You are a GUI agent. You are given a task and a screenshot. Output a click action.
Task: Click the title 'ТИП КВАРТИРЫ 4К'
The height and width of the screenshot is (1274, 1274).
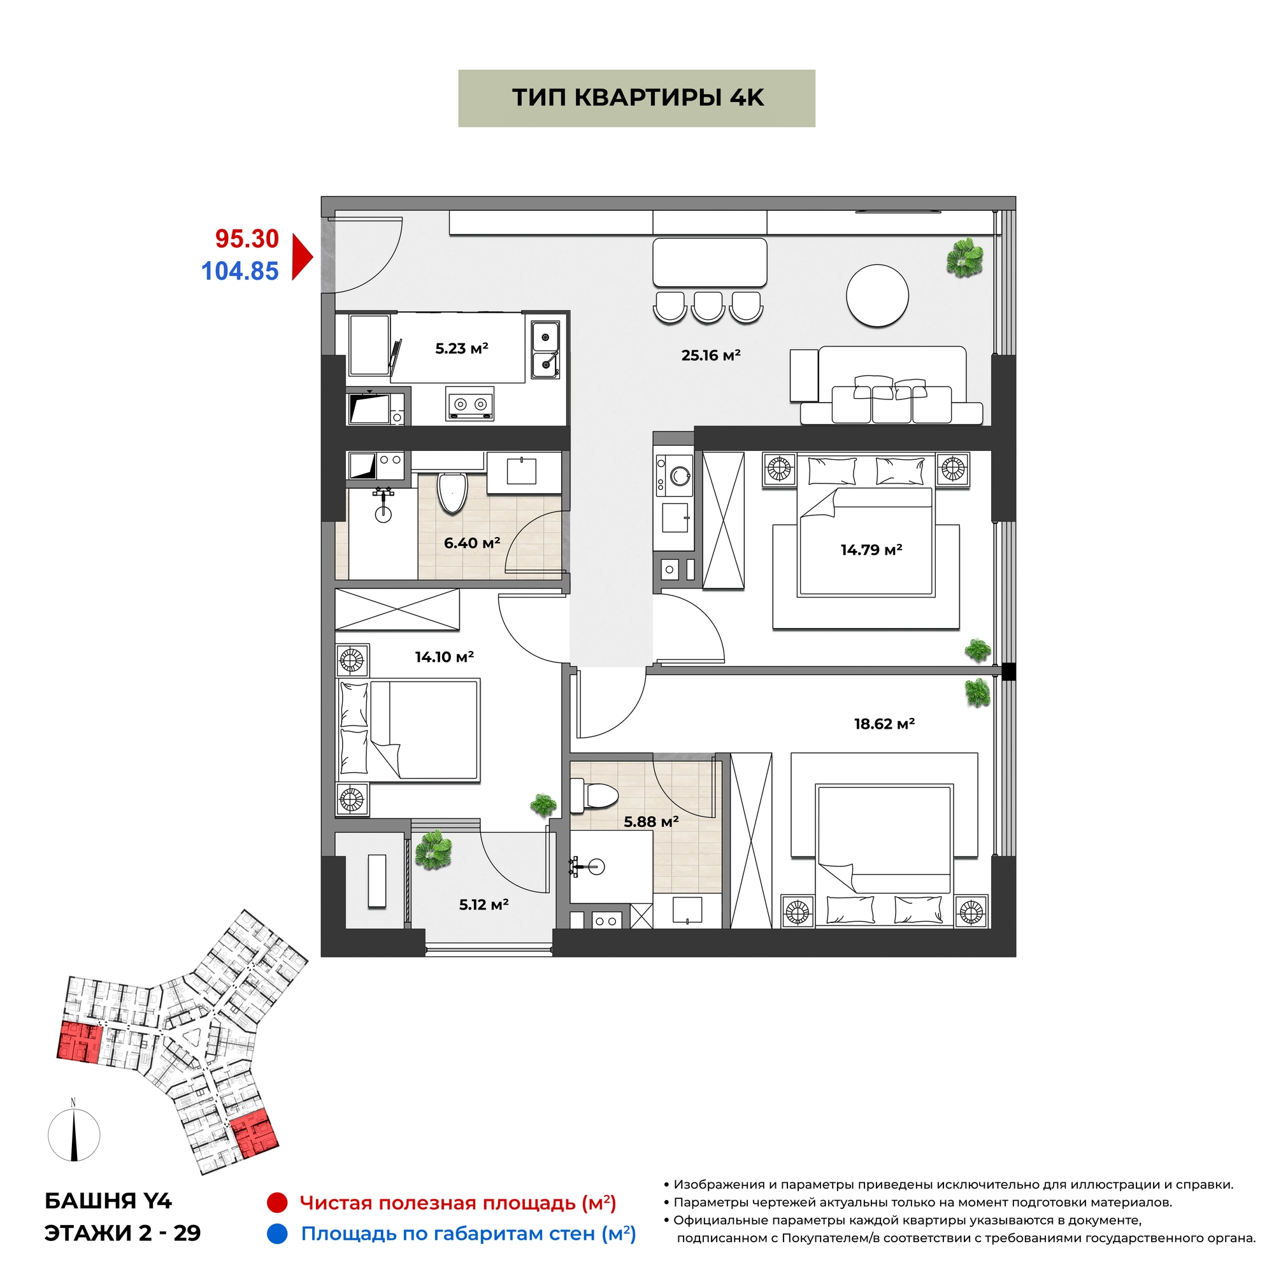[638, 97]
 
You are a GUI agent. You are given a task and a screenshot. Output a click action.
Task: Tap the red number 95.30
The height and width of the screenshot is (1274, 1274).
[247, 239]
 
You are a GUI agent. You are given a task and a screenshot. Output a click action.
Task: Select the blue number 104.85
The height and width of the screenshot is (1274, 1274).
[240, 271]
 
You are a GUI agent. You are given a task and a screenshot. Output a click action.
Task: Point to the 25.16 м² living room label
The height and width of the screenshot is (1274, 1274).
[711, 355]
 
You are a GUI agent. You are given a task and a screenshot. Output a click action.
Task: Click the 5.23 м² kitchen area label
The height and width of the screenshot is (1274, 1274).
[462, 348]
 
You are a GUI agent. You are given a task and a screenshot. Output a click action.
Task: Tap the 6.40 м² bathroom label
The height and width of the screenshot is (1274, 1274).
[472, 543]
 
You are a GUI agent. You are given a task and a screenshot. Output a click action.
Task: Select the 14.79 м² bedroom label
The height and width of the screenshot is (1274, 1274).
[871, 549]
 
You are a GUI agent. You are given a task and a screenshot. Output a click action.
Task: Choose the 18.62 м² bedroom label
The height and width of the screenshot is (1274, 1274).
[884, 724]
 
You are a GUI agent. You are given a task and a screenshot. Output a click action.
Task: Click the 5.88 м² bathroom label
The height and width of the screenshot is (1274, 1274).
[652, 822]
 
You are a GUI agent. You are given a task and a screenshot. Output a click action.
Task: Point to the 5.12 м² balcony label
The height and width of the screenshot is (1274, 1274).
[484, 904]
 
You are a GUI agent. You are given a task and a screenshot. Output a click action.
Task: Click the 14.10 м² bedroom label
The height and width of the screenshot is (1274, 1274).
[445, 657]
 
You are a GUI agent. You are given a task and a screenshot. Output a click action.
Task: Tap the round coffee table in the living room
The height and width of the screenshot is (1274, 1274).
[877, 296]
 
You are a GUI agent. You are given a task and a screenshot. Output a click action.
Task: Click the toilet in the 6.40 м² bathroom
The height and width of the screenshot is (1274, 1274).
[452, 491]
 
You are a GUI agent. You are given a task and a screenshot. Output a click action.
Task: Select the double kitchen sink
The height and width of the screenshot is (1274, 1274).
[546, 349]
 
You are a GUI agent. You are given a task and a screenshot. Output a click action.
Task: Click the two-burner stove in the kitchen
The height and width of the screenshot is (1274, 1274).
[470, 403]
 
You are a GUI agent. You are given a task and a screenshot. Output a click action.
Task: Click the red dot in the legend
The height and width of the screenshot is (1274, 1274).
[277, 1203]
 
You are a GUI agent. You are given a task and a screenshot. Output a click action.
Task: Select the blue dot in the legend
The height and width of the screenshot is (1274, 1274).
[278, 1234]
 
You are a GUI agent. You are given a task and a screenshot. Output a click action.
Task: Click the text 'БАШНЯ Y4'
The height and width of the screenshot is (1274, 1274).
[108, 1201]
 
